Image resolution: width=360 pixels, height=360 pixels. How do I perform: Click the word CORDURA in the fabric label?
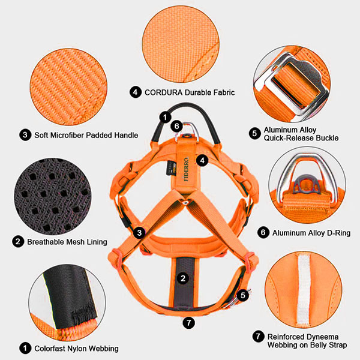click(163, 92)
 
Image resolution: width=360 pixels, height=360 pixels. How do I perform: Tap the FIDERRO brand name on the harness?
click(186, 169)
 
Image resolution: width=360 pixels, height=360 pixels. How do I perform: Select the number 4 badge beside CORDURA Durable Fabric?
click(136, 92)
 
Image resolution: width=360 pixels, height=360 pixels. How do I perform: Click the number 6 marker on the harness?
click(176, 126)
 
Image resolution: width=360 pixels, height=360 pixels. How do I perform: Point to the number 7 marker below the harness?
click(189, 323)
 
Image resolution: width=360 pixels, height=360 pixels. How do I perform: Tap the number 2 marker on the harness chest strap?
click(183, 278)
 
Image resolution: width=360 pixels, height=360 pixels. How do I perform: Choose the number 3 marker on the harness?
click(139, 233)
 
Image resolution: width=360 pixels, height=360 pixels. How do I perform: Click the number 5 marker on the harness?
click(243, 295)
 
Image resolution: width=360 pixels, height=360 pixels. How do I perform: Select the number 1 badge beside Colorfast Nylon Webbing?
click(25, 348)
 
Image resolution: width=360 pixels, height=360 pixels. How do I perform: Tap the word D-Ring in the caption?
click(338, 233)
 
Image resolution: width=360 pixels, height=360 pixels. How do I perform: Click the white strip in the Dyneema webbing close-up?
click(304, 289)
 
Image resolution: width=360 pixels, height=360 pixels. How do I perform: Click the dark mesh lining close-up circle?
click(53, 197)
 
